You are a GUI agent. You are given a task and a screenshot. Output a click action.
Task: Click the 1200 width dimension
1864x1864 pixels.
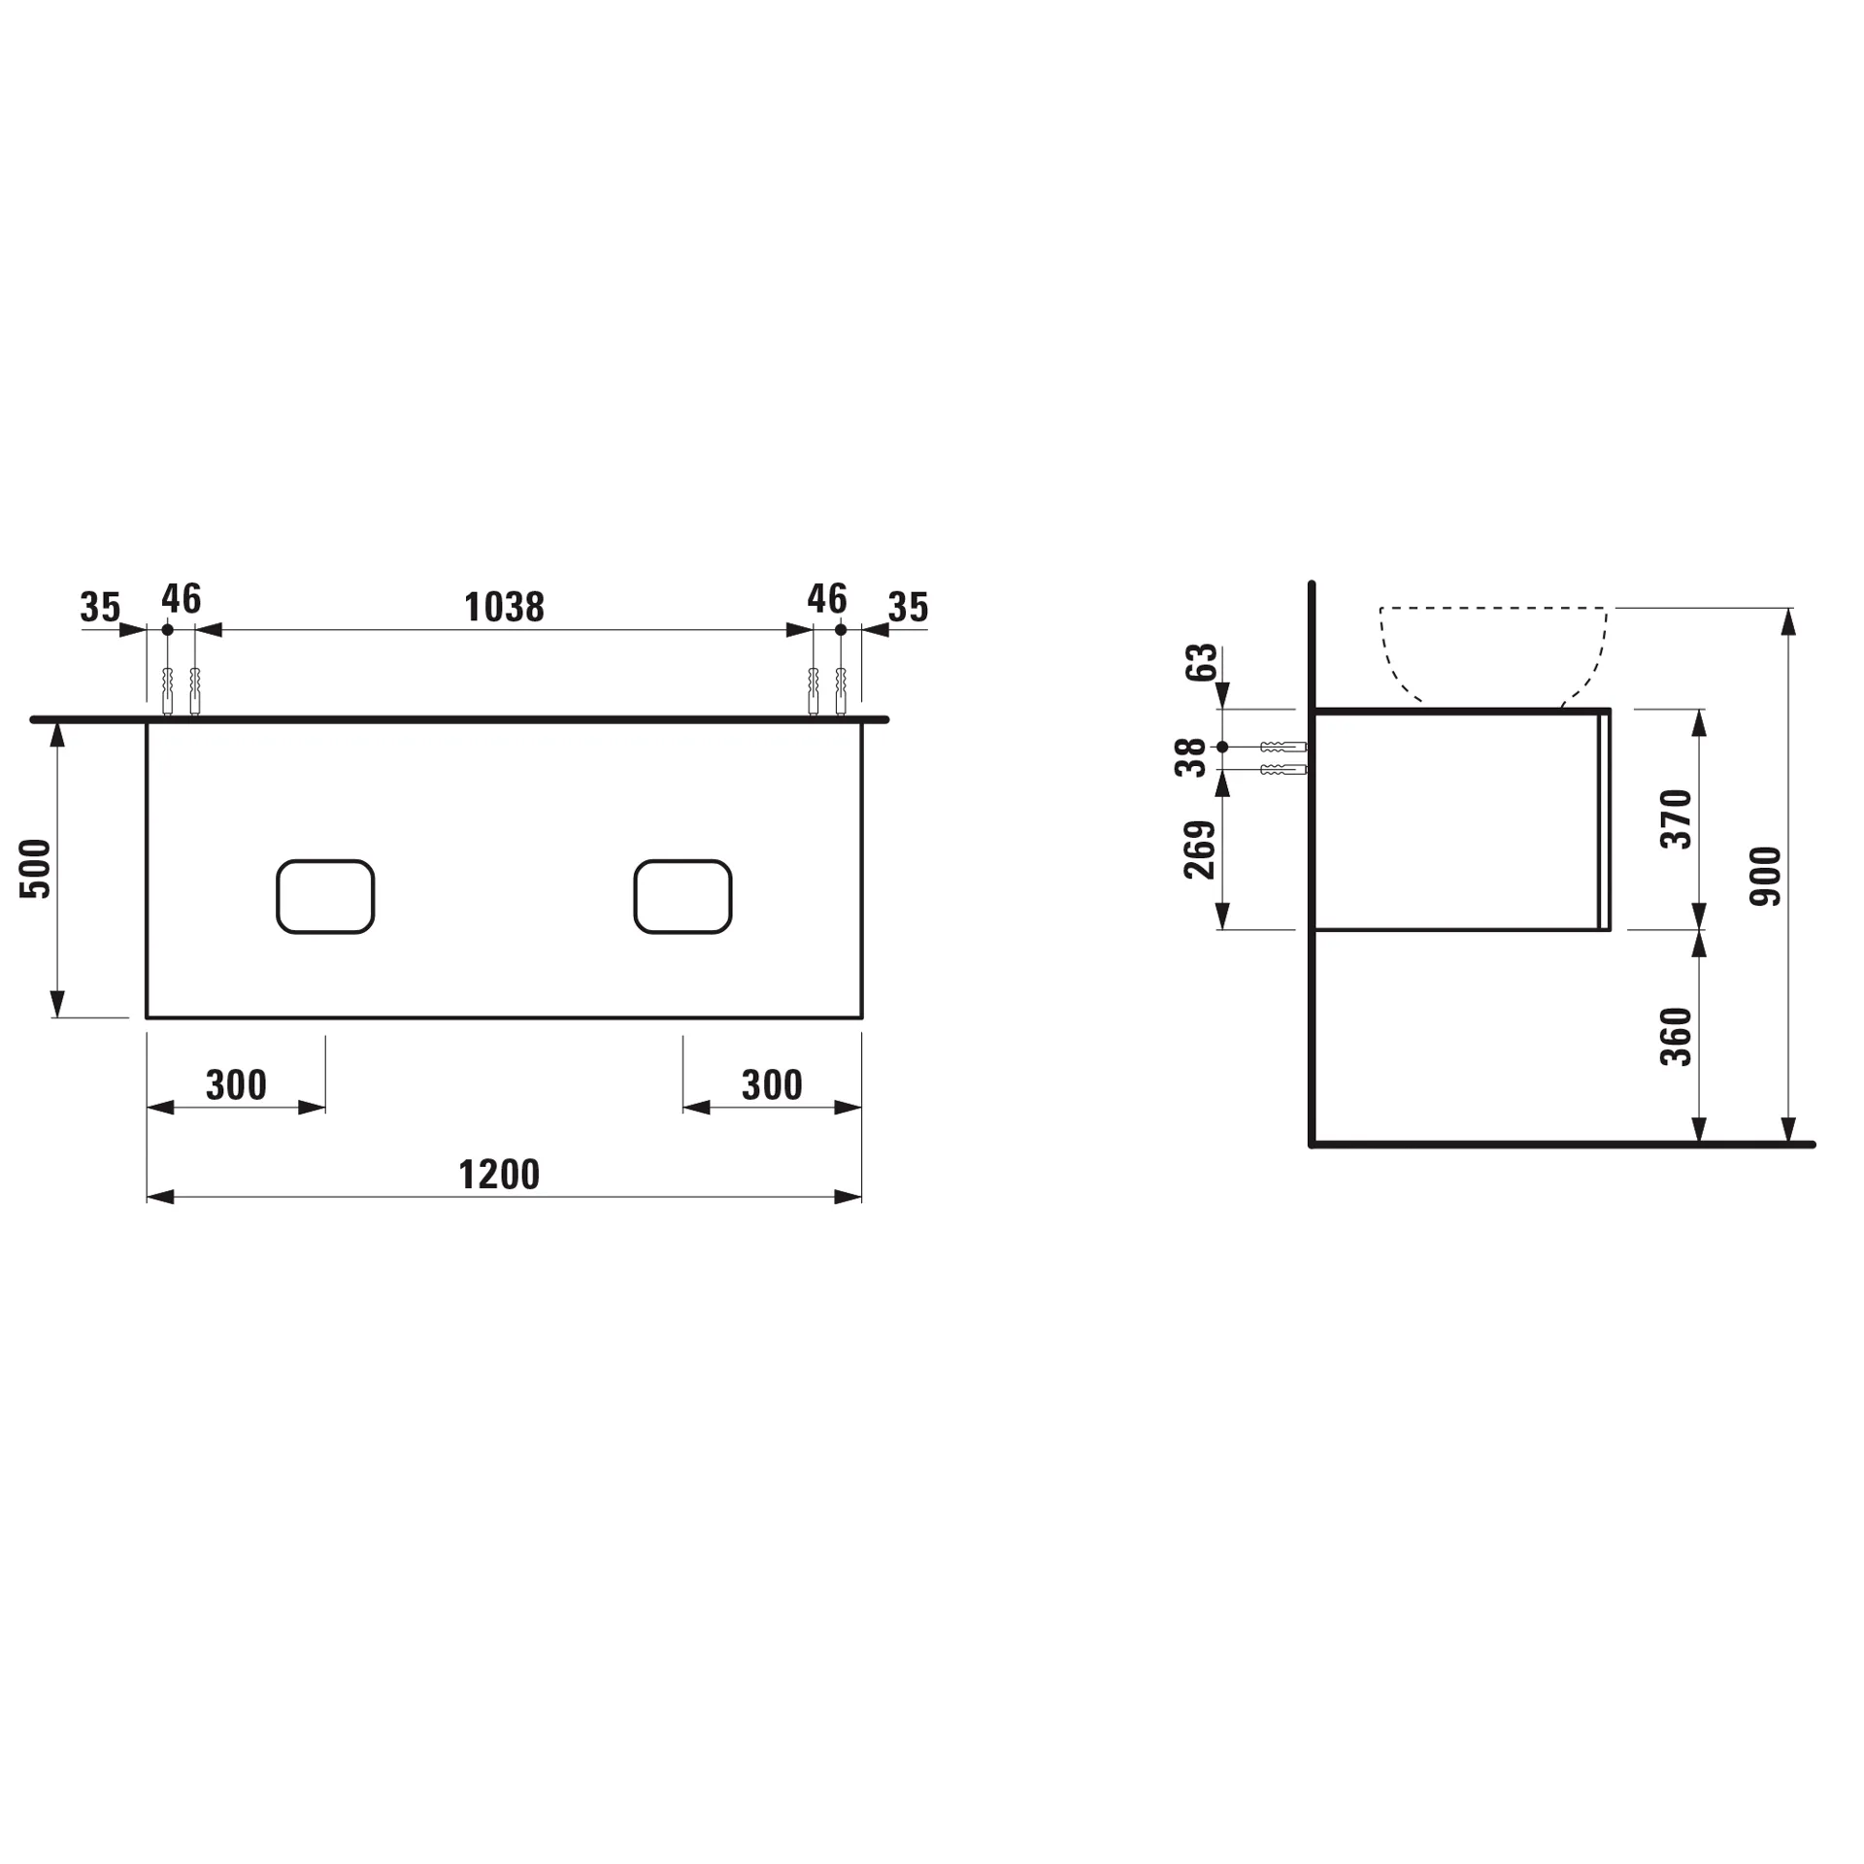tap(498, 1175)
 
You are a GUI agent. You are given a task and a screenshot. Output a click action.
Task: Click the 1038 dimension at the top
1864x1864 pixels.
tap(504, 608)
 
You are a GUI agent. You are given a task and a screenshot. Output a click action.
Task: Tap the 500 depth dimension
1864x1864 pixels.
tap(36, 868)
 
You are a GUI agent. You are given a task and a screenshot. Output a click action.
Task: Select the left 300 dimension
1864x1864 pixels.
tap(236, 1085)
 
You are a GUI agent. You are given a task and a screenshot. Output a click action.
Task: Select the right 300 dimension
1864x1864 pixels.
tap(772, 1085)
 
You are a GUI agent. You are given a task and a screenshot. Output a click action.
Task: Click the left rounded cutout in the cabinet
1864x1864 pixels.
tap(325, 896)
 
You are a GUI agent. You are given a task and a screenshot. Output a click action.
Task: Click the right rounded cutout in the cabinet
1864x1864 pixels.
tap(682, 896)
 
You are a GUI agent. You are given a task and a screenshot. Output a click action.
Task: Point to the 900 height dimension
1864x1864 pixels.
tap(1765, 876)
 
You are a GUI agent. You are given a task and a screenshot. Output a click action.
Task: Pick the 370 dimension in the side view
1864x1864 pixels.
tap(1677, 819)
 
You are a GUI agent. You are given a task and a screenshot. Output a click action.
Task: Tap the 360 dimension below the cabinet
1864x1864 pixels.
tap(1677, 1037)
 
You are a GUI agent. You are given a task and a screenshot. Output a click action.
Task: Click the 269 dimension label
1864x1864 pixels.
tap(1200, 849)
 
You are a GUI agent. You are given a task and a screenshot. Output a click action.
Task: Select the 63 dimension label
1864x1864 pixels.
tap(1201, 662)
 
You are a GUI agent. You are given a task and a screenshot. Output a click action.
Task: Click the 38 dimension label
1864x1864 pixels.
tap(1190, 757)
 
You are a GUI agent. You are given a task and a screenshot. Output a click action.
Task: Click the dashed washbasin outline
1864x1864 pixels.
tap(1493, 609)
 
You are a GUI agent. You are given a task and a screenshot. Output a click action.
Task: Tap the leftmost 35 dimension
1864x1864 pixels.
tap(100, 608)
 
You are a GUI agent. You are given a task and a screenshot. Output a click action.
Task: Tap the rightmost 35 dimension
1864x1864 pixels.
tap(908, 608)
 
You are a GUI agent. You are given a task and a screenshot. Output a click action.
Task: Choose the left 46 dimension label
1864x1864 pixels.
tap(182, 599)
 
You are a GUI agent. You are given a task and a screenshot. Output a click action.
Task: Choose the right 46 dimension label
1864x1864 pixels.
tap(827, 599)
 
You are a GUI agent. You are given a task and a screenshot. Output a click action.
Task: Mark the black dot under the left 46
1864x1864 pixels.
tap(167, 630)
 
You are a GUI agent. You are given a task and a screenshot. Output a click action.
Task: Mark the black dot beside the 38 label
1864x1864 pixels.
tap(1222, 747)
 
